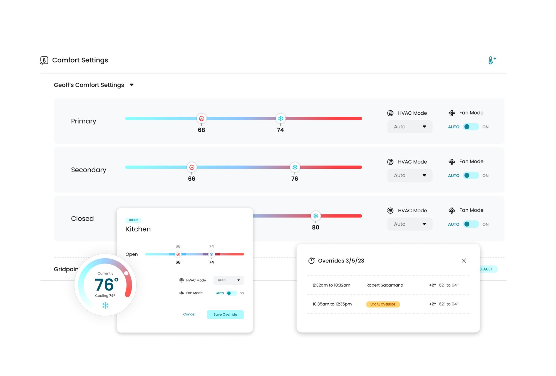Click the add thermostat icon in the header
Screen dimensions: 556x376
[492, 60]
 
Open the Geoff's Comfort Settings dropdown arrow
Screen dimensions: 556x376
[132, 85]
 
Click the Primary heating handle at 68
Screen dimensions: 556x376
[202, 119]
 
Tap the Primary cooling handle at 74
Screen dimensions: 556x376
[281, 119]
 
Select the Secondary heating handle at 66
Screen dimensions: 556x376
[192, 167]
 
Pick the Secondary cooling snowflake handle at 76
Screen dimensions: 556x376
[295, 167]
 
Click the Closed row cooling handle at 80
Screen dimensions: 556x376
[316, 216]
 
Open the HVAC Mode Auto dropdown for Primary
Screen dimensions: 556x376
[410, 127]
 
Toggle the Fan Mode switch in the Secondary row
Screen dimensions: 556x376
[471, 175]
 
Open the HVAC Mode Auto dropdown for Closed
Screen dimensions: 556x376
[410, 224]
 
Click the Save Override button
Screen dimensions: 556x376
[225, 314]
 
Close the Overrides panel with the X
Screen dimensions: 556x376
[464, 261]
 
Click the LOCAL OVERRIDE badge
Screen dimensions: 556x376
[383, 304]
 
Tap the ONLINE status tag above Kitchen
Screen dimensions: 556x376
[133, 220]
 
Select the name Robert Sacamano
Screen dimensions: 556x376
[384, 285]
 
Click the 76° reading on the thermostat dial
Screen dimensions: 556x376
[107, 284]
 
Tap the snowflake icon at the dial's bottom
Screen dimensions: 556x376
[105, 306]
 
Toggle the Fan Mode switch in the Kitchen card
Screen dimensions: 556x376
[232, 293]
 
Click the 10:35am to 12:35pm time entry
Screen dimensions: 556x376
[332, 304]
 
